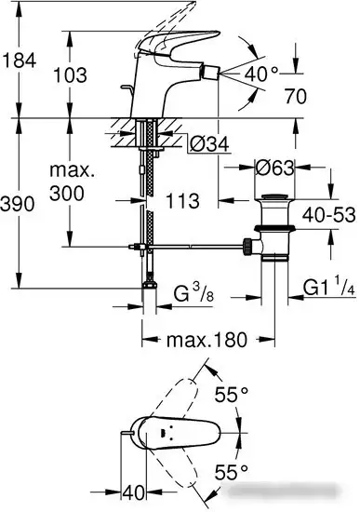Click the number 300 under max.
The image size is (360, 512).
(68, 193)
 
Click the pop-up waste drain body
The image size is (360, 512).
(276, 228)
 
